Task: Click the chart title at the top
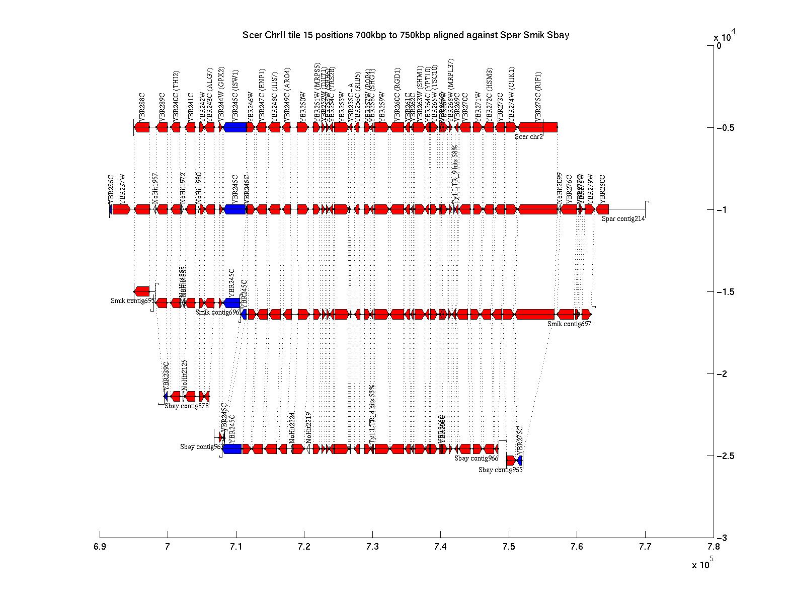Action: (x=406, y=35)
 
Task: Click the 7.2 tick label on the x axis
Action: (x=304, y=547)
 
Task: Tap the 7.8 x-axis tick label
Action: (x=713, y=547)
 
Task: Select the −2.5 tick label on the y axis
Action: (x=727, y=456)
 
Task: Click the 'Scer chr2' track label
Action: (x=529, y=136)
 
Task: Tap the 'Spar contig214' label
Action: (x=623, y=218)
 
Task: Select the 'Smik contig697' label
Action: (x=569, y=324)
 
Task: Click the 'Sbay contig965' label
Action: (x=500, y=470)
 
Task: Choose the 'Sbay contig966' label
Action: (x=476, y=458)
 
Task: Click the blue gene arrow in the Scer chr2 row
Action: (x=235, y=127)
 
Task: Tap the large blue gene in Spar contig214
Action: (x=235, y=209)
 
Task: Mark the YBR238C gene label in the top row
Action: (x=142, y=106)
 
